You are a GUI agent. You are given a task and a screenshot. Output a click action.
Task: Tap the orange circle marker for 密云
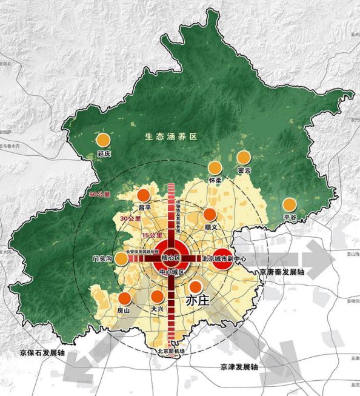(x=244, y=158)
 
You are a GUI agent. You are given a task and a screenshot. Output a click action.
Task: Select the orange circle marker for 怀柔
(x=215, y=168)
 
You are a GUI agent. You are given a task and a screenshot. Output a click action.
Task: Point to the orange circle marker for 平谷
(x=290, y=205)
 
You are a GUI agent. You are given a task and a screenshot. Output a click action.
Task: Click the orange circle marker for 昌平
(x=144, y=195)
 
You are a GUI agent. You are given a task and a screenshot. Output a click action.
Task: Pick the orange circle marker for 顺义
(x=210, y=215)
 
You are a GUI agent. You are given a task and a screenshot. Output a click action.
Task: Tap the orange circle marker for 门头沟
(x=122, y=259)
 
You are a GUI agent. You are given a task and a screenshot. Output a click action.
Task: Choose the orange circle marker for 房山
(x=125, y=298)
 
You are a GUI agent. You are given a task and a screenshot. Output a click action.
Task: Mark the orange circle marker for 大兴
(x=157, y=297)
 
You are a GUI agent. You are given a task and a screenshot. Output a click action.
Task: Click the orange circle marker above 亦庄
(x=195, y=286)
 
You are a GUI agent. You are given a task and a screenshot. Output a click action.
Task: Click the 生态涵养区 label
(x=172, y=136)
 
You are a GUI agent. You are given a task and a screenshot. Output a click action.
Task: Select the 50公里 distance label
(x=100, y=195)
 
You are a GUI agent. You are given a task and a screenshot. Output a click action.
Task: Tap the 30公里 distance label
(x=130, y=218)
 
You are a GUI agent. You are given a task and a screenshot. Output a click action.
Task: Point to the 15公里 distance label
(x=152, y=235)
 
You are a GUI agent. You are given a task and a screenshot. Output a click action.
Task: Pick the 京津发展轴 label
(x=236, y=367)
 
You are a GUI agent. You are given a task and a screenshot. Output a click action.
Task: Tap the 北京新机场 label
(x=172, y=351)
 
